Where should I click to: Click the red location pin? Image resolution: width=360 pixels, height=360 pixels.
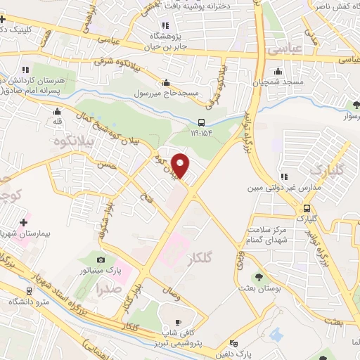click(x=181, y=165)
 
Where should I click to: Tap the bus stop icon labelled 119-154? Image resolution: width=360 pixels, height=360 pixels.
click(x=202, y=121)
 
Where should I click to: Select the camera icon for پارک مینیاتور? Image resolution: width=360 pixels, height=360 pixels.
click(x=100, y=260)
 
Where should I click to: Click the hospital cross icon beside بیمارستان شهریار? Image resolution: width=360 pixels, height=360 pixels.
click(x=23, y=222)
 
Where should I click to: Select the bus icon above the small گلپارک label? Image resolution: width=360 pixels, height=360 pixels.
click(x=307, y=208)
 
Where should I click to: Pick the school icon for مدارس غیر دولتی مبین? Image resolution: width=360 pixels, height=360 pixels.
click(x=284, y=177)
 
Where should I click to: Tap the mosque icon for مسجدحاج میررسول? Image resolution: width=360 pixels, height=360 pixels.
click(x=165, y=82)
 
